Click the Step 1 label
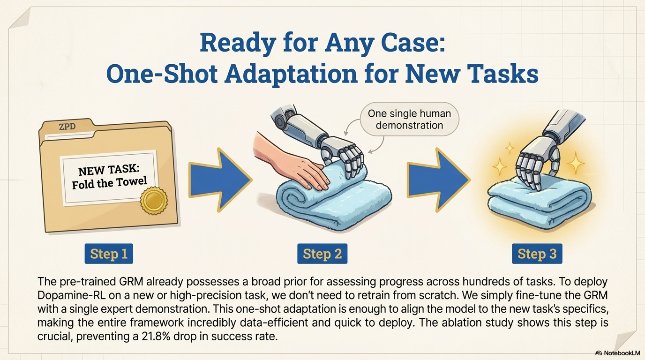coord(109,254)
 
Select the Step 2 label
coord(322,254)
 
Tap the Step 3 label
coord(537,254)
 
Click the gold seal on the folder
coord(154,201)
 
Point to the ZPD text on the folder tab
coord(67,127)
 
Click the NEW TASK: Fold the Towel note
coord(109,177)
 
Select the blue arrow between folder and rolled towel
coord(220,180)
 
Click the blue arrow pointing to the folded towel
coord(439,180)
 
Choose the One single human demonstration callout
coord(410,119)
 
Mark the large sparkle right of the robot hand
coord(576,163)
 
